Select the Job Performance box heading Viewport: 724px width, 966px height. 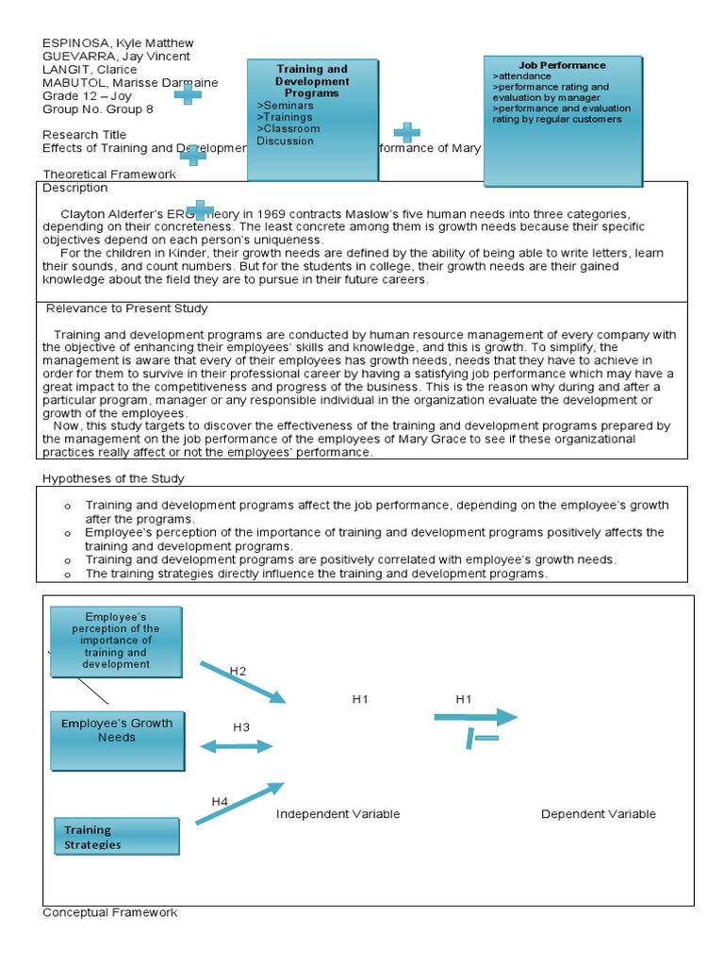pyautogui.click(x=562, y=65)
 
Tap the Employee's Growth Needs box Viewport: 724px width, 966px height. pyautogui.click(x=117, y=730)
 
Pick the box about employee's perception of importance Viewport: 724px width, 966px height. pyautogui.click(x=116, y=642)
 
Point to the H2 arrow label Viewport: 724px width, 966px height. pyautogui.click(x=238, y=671)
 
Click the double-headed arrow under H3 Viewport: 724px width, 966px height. pyautogui.click(x=236, y=746)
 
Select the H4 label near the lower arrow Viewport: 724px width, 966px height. pyautogui.click(x=220, y=802)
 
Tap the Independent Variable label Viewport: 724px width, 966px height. pyautogui.click(x=337, y=814)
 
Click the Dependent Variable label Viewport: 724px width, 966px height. pyautogui.click(x=598, y=814)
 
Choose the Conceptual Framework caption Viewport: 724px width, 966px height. pyautogui.click(x=109, y=912)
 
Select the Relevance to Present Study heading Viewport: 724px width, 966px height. pyautogui.click(x=127, y=308)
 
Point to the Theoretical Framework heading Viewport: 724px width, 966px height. pyautogui.click(x=109, y=175)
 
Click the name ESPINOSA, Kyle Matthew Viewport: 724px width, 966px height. pyautogui.click(x=118, y=43)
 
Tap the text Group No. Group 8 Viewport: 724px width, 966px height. pyautogui.click(x=92, y=109)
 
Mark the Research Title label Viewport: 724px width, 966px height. pyautogui.click(x=84, y=135)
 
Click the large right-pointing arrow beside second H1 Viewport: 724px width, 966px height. pyautogui.click(x=476, y=717)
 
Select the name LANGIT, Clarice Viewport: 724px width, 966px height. pyautogui.click(x=90, y=70)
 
